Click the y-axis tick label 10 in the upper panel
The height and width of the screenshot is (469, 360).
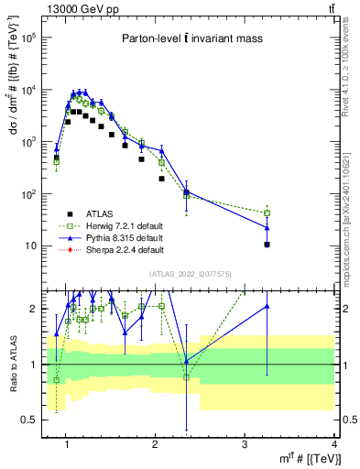[32, 246]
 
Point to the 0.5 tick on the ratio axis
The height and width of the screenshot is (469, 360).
[31, 420]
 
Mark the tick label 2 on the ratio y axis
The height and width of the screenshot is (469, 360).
[36, 309]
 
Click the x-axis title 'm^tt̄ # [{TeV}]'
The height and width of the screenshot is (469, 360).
[303, 458]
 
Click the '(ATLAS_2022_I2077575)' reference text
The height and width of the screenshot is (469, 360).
[191, 273]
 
